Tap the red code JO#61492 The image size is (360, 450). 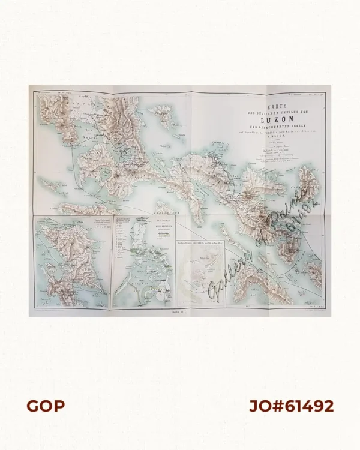click(291, 406)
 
